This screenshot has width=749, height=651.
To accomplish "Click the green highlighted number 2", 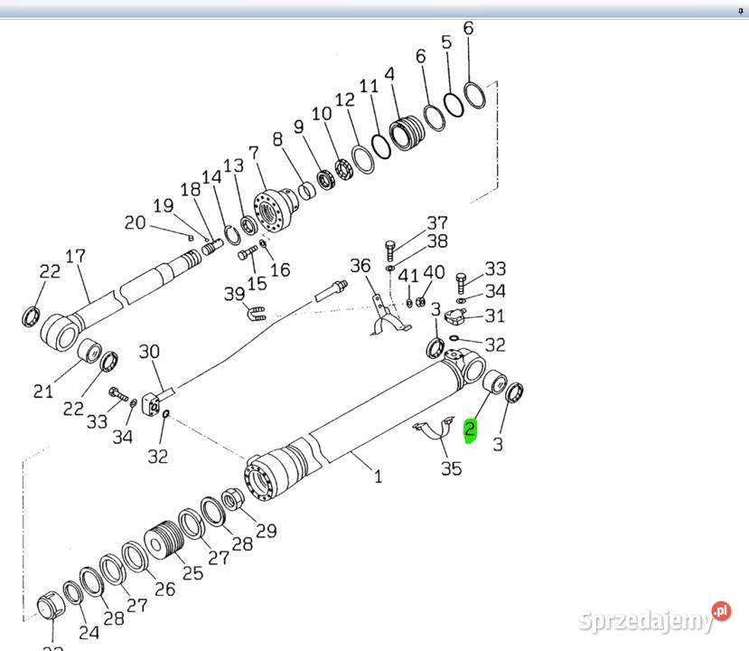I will point(470,430).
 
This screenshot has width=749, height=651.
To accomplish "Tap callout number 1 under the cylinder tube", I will point(378,476).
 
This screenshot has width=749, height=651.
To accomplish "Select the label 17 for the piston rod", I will point(76,257).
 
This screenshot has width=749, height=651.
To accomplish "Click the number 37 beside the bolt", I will point(437,222).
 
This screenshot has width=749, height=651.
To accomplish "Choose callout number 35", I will point(451,468).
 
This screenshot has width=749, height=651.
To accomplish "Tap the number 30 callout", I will point(149,352).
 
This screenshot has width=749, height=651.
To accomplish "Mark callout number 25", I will point(192,572).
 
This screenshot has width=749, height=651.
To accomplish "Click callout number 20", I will point(135,222).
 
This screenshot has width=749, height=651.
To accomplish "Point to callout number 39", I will point(235,295).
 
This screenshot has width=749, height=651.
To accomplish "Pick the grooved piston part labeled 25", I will point(165,542).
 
